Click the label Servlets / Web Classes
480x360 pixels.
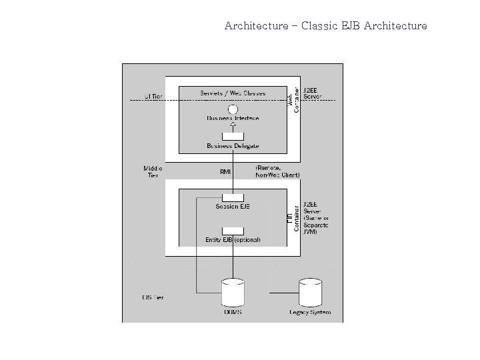click(x=233, y=93)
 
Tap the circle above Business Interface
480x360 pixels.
click(x=233, y=109)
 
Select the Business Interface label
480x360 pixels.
click(x=233, y=118)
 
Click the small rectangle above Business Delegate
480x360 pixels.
click(x=233, y=136)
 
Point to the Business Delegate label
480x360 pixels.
click(x=233, y=145)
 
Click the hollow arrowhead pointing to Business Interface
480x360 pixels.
click(x=233, y=127)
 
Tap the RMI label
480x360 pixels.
click(x=225, y=171)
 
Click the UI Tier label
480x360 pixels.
click(x=153, y=97)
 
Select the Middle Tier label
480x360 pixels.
click(x=153, y=171)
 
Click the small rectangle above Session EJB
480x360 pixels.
click(x=233, y=197)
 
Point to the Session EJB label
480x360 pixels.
click(x=233, y=207)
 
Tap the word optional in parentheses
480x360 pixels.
click(x=247, y=240)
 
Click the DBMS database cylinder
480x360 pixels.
click(x=233, y=292)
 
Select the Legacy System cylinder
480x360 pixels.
click(x=310, y=292)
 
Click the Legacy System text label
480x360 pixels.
click(x=310, y=312)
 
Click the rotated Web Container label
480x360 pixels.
click(x=293, y=98)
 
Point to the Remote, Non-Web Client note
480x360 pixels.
click(x=277, y=171)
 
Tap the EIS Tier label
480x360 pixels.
click(x=153, y=297)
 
